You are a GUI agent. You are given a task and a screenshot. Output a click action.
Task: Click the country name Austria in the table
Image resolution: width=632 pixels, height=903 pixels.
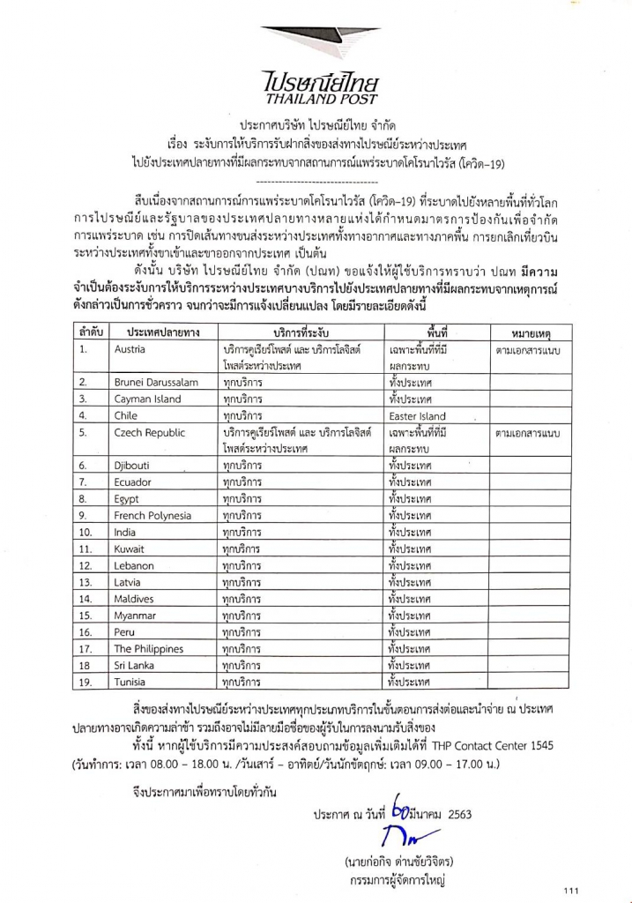tap(130, 349)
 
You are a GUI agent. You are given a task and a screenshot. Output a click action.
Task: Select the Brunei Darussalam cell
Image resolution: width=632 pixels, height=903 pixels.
tap(156, 382)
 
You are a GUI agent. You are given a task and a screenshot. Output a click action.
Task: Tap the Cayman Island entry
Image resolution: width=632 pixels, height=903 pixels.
tap(147, 399)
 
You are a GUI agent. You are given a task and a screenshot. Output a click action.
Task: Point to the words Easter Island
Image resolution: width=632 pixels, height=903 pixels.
tap(417, 416)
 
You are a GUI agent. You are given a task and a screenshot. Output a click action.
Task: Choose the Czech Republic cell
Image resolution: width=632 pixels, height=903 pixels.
tap(149, 432)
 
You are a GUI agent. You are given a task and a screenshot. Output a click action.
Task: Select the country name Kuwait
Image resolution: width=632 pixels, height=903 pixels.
tap(130, 549)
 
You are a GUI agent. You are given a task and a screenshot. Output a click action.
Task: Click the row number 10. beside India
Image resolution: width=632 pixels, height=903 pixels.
tap(86, 532)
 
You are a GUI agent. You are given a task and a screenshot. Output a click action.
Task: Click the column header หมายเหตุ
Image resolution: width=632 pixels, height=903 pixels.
tap(532, 332)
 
